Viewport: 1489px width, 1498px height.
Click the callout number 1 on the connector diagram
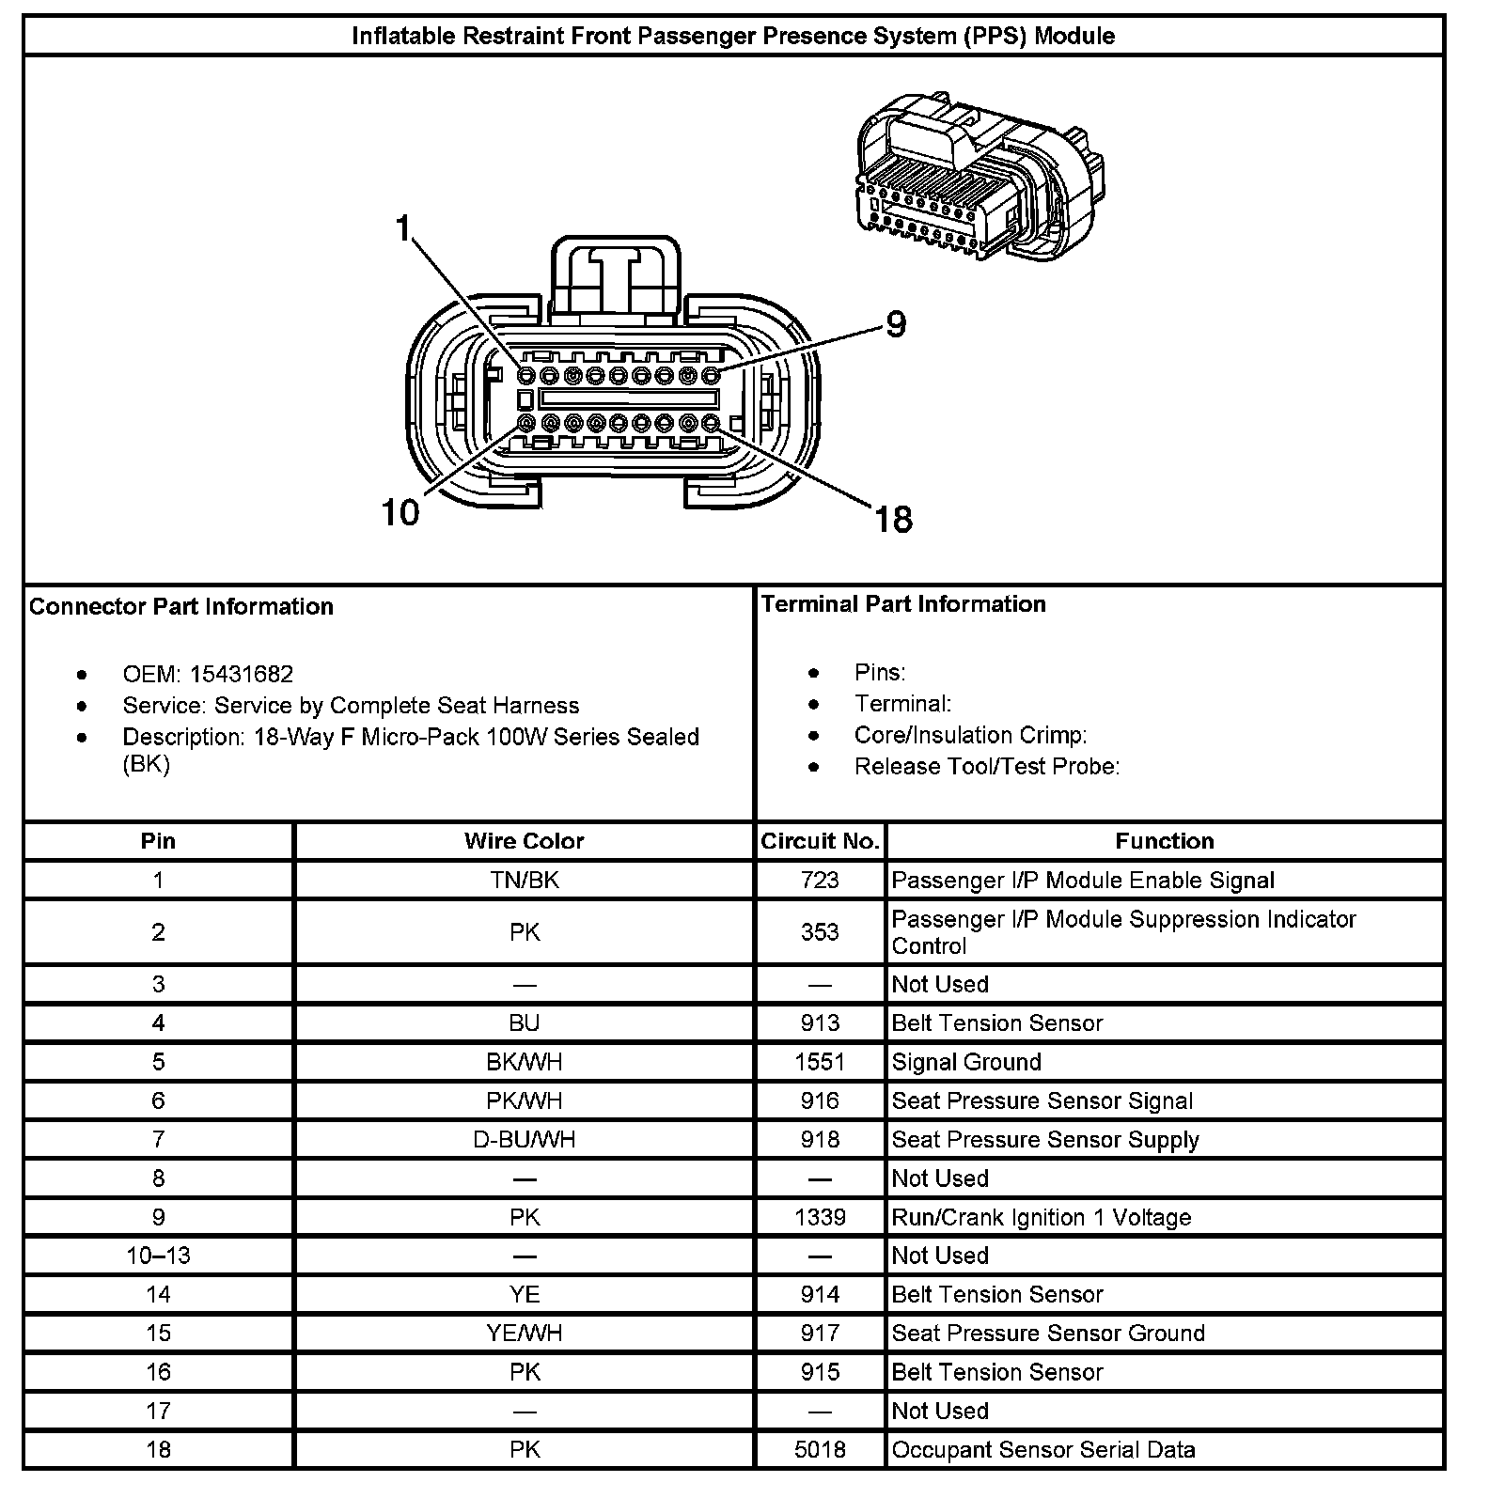pos(404,228)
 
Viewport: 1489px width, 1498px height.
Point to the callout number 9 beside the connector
pos(896,325)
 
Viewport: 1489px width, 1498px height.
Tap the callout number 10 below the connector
pos(400,513)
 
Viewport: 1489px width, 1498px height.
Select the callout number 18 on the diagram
pos(893,519)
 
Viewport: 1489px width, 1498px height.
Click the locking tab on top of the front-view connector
pos(616,277)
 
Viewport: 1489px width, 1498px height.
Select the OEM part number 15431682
pos(242,675)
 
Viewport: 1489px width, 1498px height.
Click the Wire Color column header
pos(524,841)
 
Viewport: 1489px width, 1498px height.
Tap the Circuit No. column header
pos(820,841)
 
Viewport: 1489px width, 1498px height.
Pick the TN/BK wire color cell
pos(524,881)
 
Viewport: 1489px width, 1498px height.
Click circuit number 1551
pos(820,1062)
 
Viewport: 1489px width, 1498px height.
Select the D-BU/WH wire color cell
pos(524,1140)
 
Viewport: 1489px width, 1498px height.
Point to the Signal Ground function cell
pos(966,1062)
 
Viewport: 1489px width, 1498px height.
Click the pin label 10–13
pos(158,1256)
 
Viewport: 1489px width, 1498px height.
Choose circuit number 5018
pos(820,1450)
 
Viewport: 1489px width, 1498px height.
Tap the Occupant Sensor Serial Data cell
pos(1043,1450)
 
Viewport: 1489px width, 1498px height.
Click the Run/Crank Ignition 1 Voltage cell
pos(1042,1218)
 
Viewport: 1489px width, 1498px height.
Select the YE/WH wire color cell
pos(524,1334)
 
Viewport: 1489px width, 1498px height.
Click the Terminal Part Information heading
pos(903,604)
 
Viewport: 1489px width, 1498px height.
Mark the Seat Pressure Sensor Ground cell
pos(1048,1334)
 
